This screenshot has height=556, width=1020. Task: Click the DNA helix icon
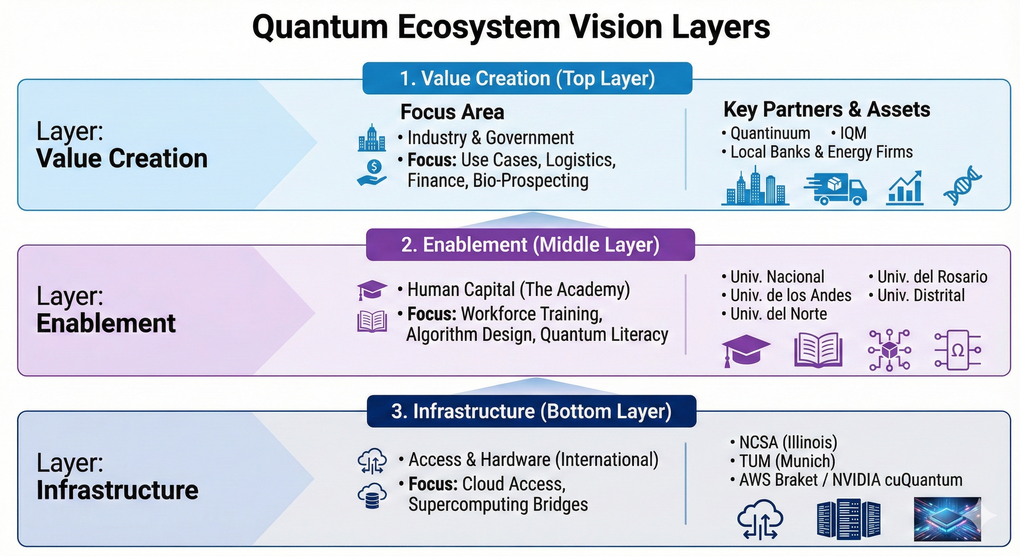coord(962,185)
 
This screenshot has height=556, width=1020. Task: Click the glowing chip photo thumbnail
coord(947,519)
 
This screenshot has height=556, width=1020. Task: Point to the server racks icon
coord(849,519)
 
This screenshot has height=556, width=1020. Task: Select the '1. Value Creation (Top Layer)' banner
coord(527,78)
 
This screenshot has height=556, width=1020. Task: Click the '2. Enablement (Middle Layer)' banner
coord(530,245)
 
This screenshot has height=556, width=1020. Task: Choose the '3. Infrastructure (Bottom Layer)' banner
coord(531,411)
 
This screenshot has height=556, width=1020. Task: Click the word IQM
coord(853,133)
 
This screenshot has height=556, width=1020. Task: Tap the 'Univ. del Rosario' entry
coord(932,277)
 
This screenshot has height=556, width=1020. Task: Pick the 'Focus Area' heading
coord(452,112)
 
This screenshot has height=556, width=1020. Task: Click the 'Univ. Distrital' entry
coord(921,295)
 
